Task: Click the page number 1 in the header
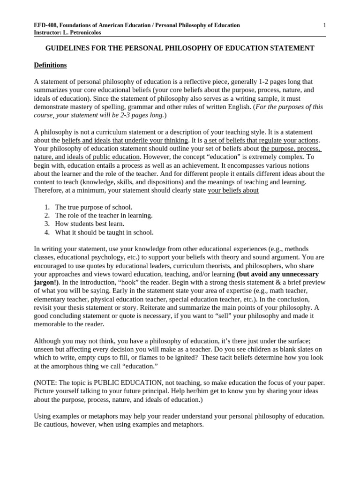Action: [x=324, y=25]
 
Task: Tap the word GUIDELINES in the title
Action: [x=66, y=48]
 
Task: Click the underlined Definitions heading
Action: [x=50, y=65]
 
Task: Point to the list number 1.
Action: [x=47, y=207]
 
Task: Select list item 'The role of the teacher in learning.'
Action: [x=104, y=216]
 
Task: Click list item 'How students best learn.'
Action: [x=90, y=224]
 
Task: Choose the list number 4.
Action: [x=47, y=232]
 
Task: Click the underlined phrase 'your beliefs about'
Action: [x=233, y=191]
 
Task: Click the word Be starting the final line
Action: [x=38, y=425]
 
